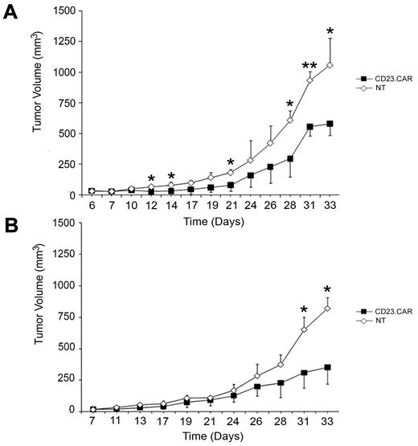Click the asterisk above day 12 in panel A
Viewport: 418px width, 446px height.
click(151, 179)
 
